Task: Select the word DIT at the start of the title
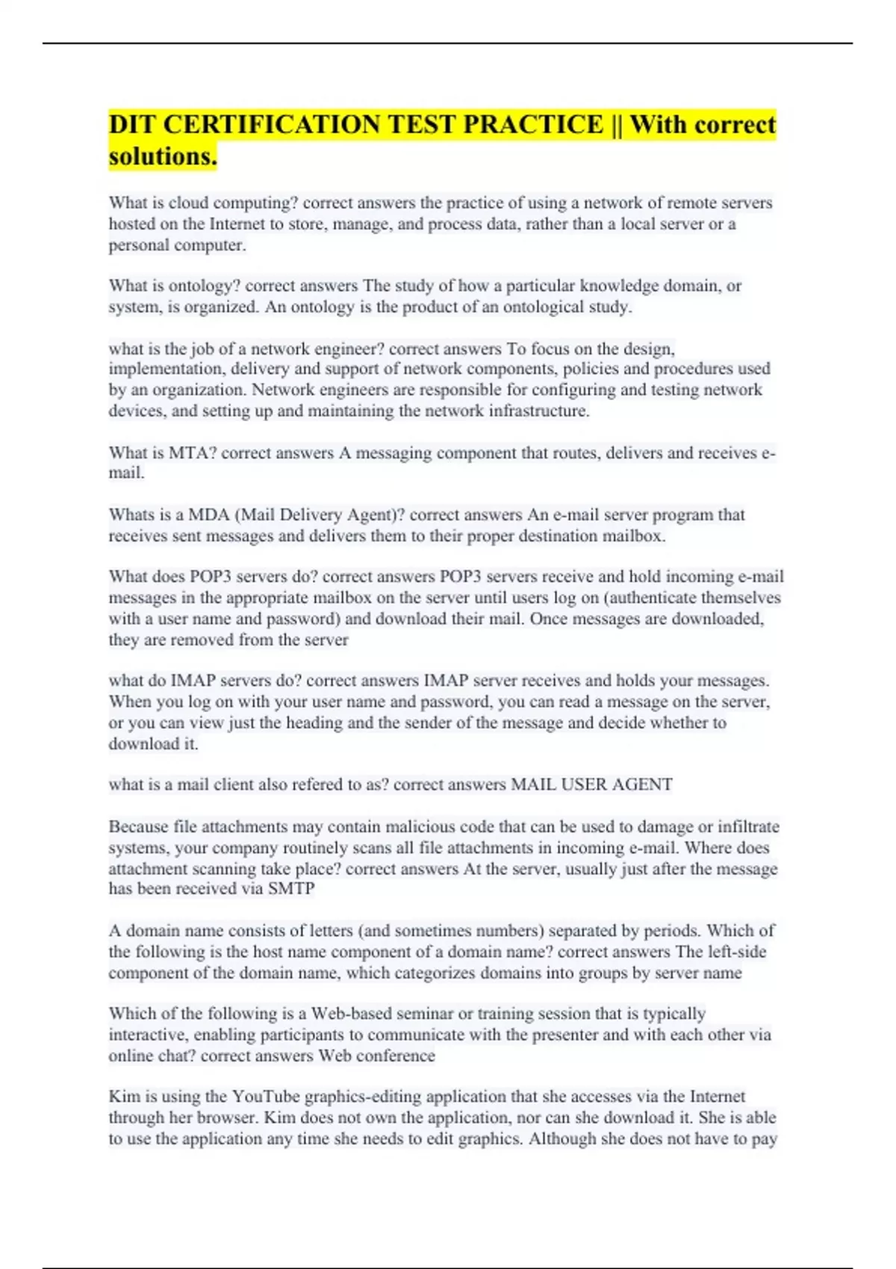[133, 125]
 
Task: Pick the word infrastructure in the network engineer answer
[539, 411]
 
